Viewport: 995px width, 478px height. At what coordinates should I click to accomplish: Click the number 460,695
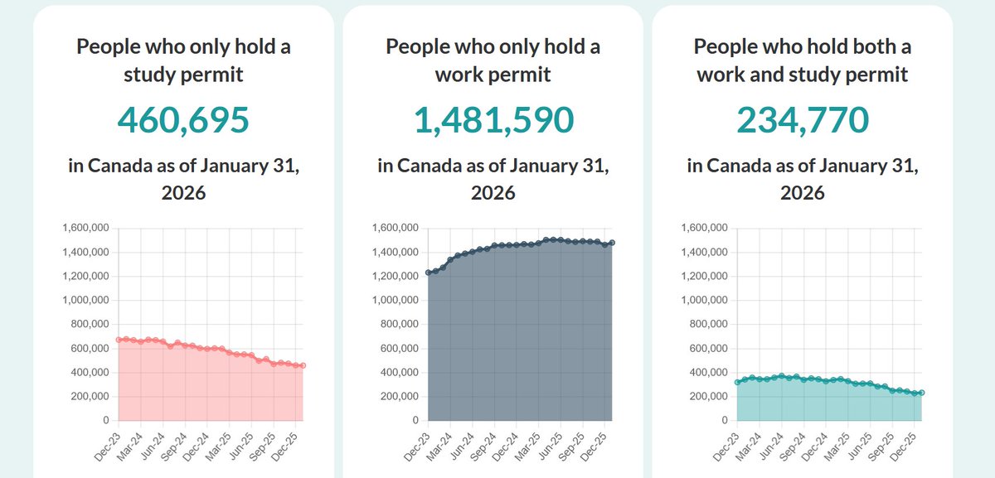tap(183, 121)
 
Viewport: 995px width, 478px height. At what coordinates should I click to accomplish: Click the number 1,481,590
tap(493, 121)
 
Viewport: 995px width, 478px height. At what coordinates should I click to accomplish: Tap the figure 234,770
tap(803, 121)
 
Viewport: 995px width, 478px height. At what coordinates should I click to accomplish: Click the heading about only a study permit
tap(183, 60)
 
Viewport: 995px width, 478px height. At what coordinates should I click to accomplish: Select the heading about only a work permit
tap(493, 60)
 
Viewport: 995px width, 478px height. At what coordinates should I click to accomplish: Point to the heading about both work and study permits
tap(803, 60)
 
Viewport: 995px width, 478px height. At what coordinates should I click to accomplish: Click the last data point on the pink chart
tap(303, 365)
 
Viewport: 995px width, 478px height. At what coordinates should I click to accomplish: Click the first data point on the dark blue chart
tap(429, 273)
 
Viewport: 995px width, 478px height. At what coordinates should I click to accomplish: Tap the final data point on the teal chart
tap(921, 393)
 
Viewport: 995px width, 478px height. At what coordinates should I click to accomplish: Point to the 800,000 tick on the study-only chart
tap(85, 325)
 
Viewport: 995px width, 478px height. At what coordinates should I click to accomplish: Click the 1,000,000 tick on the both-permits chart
tap(705, 301)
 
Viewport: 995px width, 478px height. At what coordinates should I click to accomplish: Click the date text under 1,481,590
tap(493, 179)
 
